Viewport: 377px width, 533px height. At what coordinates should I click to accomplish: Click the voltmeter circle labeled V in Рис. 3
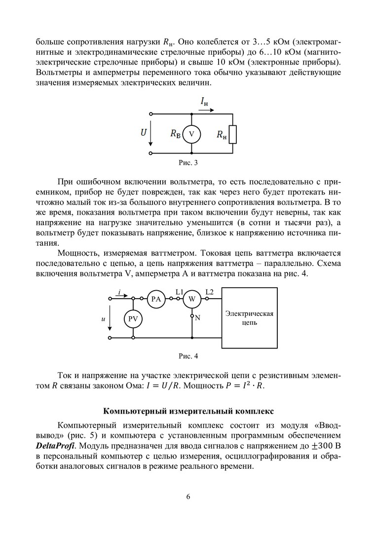[x=191, y=134]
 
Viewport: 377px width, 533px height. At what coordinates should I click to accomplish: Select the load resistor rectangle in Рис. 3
[x=233, y=134]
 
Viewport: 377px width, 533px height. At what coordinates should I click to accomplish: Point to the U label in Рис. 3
[x=143, y=132]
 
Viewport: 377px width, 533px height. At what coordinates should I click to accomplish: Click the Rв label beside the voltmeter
[x=175, y=133]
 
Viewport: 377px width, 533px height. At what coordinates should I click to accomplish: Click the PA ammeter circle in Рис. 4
[x=156, y=299]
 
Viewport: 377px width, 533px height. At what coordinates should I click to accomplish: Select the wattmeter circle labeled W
[x=192, y=299]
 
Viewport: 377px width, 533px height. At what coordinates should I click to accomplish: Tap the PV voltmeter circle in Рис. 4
[x=133, y=319]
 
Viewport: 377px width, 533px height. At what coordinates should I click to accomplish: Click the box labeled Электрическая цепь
[x=249, y=318]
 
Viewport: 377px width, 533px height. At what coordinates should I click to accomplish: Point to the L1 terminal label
[x=179, y=291]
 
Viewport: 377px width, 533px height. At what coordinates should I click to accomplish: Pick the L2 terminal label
[x=209, y=291]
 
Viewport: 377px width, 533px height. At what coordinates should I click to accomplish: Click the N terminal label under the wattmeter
[x=197, y=318]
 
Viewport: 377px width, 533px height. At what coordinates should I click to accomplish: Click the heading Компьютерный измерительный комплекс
[x=188, y=411]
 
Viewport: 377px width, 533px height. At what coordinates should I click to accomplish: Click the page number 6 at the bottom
[x=188, y=497]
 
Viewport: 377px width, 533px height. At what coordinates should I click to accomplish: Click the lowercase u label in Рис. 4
[x=103, y=319]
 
